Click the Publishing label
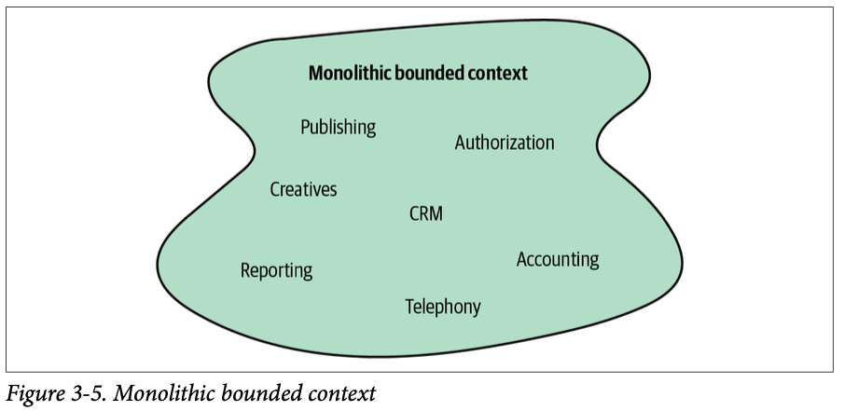[338, 127]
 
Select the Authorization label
[505, 143]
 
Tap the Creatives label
[303, 189]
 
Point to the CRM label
[426, 213]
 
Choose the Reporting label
[276, 270]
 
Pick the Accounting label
[558, 259]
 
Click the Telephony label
[443, 306]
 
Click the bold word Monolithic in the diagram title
[350, 73]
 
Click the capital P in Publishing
[305, 127]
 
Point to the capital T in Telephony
[409, 306]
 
